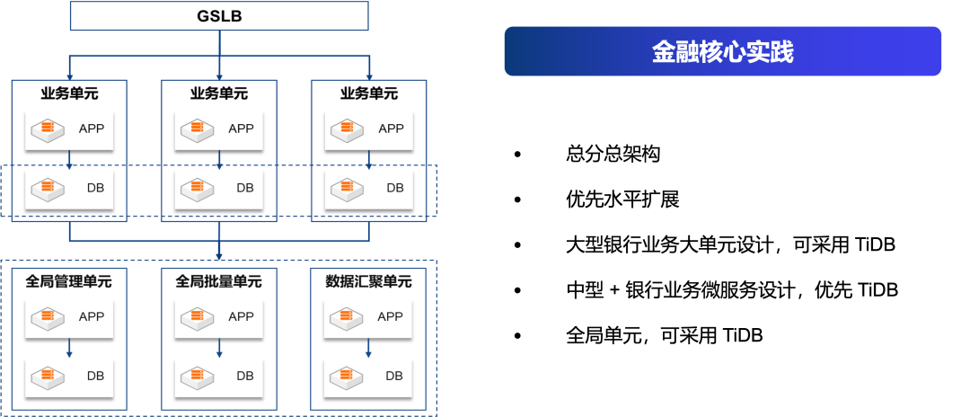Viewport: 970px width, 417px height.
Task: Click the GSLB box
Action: tap(219, 16)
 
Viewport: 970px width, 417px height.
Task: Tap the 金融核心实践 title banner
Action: tap(722, 51)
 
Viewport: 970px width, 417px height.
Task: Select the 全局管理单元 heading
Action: tap(69, 281)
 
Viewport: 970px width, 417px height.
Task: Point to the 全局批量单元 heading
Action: tap(219, 281)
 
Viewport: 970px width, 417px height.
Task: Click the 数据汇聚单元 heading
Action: tap(368, 281)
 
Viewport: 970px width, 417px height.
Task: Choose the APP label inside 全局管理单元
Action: tap(92, 316)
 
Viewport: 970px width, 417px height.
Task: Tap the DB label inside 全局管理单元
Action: tap(95, 376)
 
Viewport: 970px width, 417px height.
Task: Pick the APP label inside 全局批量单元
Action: tap(241, 316)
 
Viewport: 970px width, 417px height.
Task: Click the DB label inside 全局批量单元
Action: tap(245, 376)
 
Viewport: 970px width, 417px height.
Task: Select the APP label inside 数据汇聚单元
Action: tap(390, 316)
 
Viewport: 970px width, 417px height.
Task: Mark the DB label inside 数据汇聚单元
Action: tap(394, 376)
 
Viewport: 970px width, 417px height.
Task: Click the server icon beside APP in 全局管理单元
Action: tap(48, 316)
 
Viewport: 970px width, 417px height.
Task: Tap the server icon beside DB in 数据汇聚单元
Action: tap(347, 376)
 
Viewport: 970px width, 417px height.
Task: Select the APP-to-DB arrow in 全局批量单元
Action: tap(219, 347)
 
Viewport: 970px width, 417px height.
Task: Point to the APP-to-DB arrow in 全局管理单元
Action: tap(69, 347)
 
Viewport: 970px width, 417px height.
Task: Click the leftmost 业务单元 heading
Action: tap(69, 93)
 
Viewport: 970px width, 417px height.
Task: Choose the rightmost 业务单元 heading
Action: tap(369, 93)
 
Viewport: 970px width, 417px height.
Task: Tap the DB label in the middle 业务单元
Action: tap(245, 188)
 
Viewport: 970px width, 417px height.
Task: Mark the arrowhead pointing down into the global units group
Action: tap(219, 257)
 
